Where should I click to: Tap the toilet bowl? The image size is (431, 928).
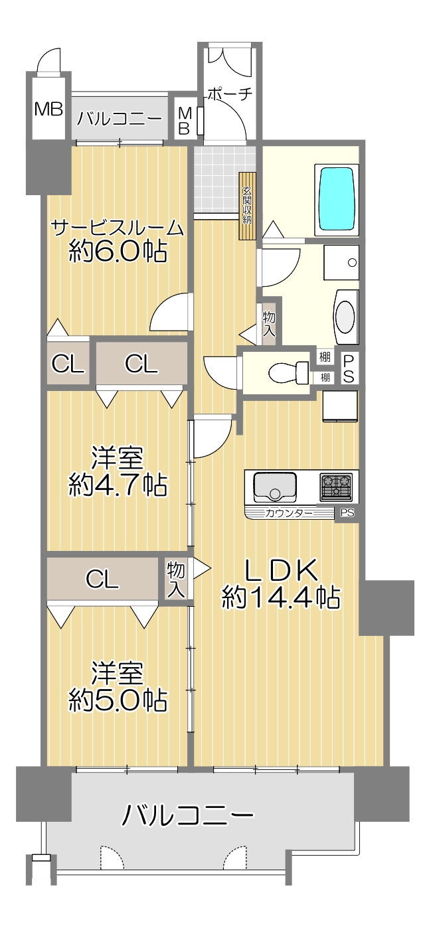[x=288, y=371]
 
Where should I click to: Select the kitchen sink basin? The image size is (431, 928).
[x=275, y=487]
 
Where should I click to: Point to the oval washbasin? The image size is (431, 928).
[x=345, y=317]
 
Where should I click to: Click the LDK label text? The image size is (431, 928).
[x=282, y=570]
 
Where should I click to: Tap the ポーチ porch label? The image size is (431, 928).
[x=230, y=94]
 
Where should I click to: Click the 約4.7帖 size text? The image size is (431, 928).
[x=118, y=484]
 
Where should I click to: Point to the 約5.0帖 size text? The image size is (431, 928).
[x=118, y=700]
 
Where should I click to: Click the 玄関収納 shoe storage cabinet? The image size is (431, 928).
[x=247, y=206]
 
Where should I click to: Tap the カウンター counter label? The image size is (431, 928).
[x=289, y=513]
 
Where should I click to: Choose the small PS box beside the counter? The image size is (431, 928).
[x=347, y=513]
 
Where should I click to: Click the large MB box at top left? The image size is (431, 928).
[x=48, y=109]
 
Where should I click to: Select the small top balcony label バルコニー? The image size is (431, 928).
[x=120, y=119]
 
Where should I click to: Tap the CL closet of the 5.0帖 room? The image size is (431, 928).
[x=102, y=578]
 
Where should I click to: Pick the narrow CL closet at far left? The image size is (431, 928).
[x=68, y=364]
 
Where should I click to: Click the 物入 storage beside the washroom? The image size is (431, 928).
[x=268, y=324]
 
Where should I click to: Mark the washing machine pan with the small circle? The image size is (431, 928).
[x=341, y=263]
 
